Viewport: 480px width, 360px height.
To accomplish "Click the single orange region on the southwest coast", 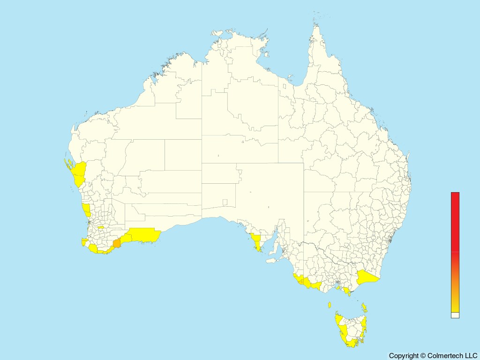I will pyautogui.click(x=117, y=243).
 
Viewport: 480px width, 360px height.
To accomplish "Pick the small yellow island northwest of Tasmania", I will pyautogui.click(x=330, y=305).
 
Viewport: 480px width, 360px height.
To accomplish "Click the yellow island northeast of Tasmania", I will pyautogui.click(x=364, y=308).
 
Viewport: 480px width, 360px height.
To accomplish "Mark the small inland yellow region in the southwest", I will pyautogui.click(x=101, y=228).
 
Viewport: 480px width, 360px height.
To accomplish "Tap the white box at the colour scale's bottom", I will pyautogui.click(x=455, y=315).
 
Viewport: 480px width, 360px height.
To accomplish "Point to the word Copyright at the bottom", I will pyautogui.click(x=404, y=356).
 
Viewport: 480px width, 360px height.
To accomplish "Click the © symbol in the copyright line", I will pyautogui.click(x=423, y=356).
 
